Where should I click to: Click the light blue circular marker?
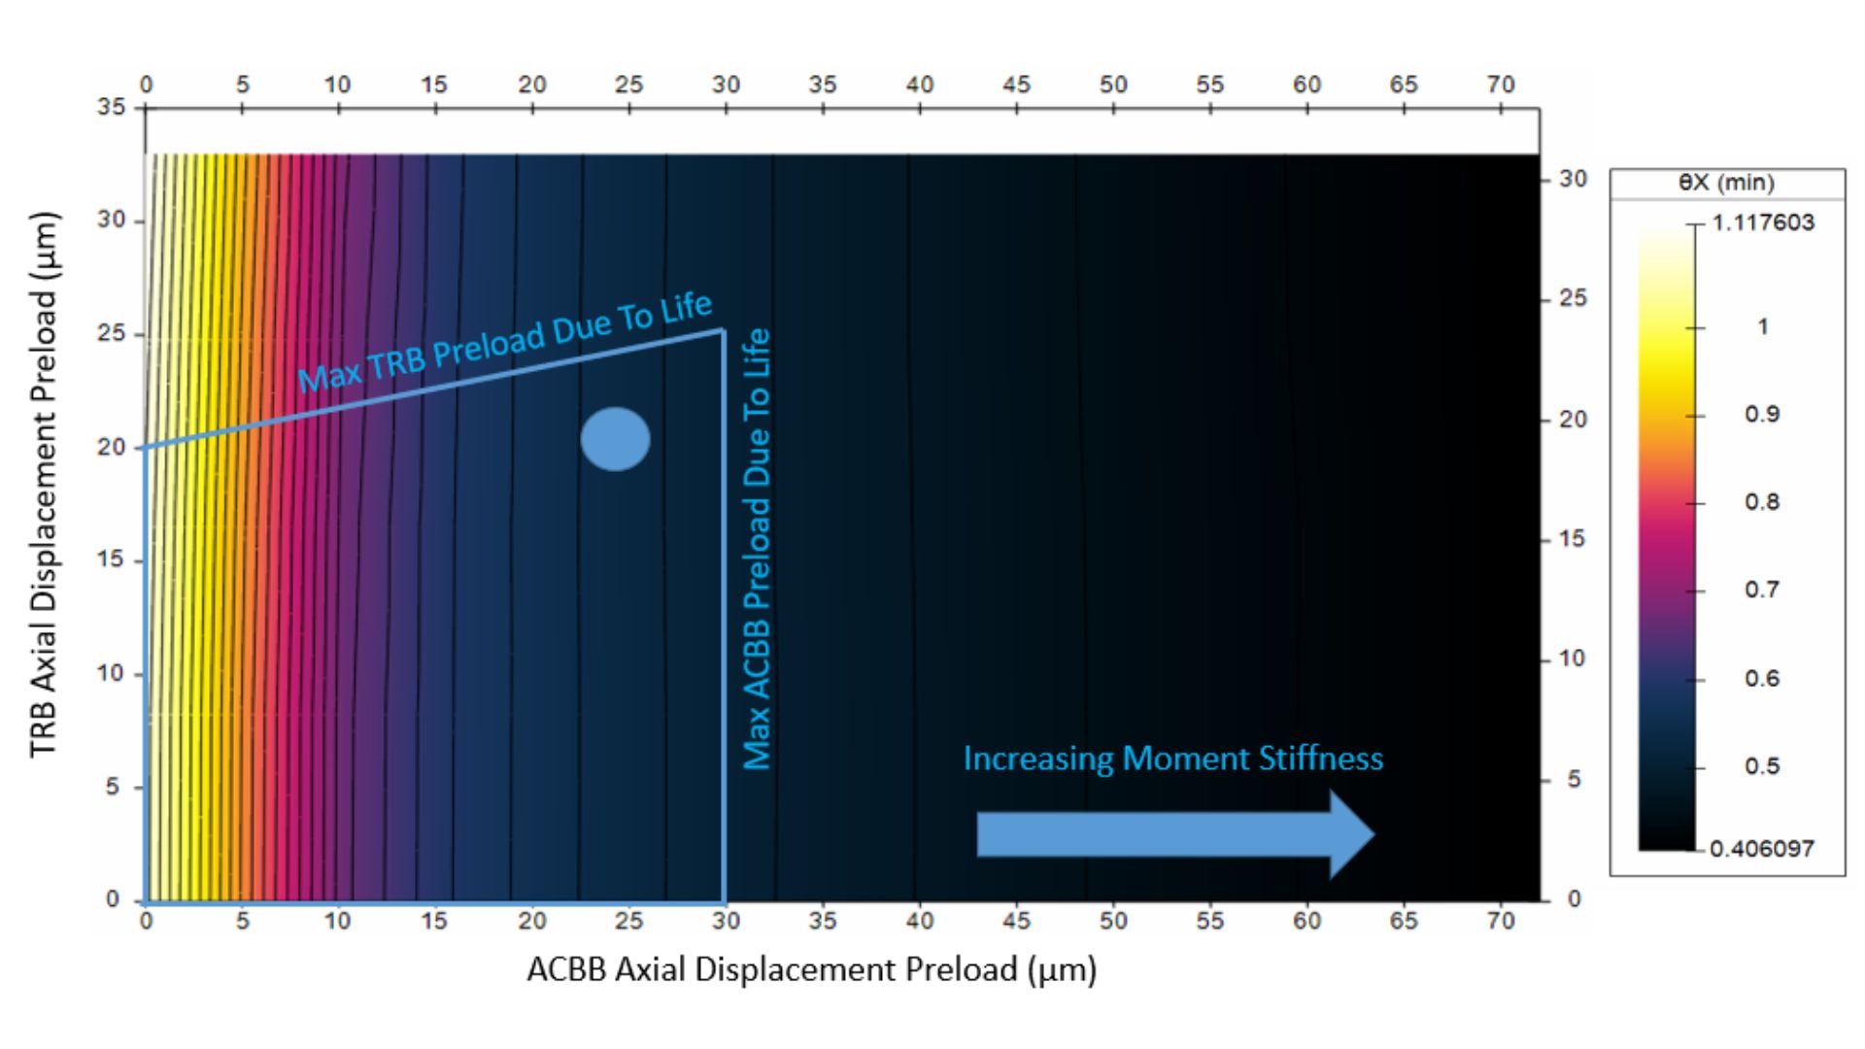tap(615, 439)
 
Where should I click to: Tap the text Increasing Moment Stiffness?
tap(1172, 758)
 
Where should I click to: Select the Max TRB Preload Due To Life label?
tap(505, 342)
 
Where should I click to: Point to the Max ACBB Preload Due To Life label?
tap(757, 549)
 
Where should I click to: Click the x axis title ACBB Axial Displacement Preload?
tap(811, 969)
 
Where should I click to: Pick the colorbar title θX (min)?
tap(1726, 183)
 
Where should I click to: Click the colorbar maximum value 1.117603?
tap(1762, 222)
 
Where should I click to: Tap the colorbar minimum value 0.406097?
tap(1761, 849)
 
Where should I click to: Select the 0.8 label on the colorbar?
tap(1761, 502)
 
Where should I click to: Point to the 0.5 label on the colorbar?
tap(1761, 766)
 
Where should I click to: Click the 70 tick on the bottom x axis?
tap(1501, 920)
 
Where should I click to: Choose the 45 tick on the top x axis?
tap(1016, 85)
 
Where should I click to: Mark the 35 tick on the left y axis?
tap(112, 107)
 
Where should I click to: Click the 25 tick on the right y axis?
tap(1573, 298)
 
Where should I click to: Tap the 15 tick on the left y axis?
tap(112, 559)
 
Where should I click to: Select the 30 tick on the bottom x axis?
tap(726, 920)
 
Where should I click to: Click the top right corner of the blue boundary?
tap(723, 331)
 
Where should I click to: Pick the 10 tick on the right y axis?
tap(1573, 659)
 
